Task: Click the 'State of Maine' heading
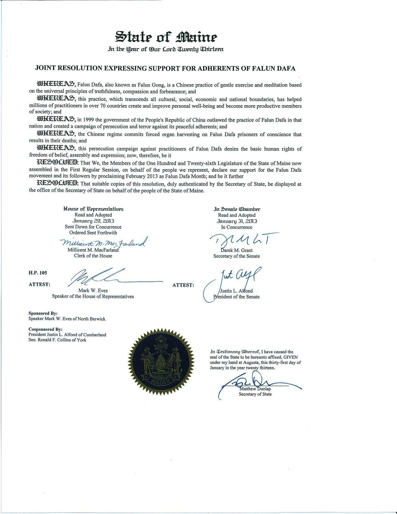pyautogui.click(x=166, y=37)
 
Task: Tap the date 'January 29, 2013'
pyautogui.click(x=93, y=221)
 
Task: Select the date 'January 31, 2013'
pyautogui.click(x=237, y=221)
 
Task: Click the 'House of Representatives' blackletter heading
pyautogui.click(x=93, y=209)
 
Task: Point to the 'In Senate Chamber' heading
pyautogui.click(x=235, y=209)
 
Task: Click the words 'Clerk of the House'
pyautogui.click(x=93, y=256)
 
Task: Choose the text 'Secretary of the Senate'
pyautogui.click(x=236, y=256)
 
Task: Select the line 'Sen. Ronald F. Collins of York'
pyautogui.click(x=57, y=340)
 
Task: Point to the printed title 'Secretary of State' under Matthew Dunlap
pyautogui.click(x=255, y=394)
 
